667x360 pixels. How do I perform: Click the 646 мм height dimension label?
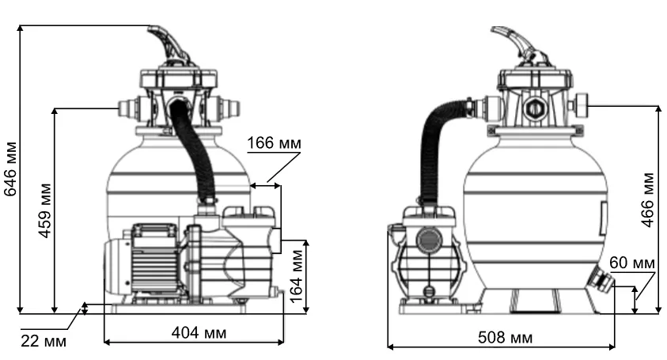(x=10, y=169)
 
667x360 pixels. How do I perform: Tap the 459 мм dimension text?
(x=44, y=210)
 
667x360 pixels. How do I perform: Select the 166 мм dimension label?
(x=274, y=143)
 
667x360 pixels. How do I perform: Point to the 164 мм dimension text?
(x=296, y=276)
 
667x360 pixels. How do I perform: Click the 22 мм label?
(x=44, y=341)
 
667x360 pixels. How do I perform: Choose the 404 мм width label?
(x=199, y=332)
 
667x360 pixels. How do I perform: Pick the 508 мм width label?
(x=505, y=337)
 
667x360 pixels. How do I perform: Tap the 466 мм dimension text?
(x=647, y=199)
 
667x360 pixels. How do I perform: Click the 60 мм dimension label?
(x=631, y=263)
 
